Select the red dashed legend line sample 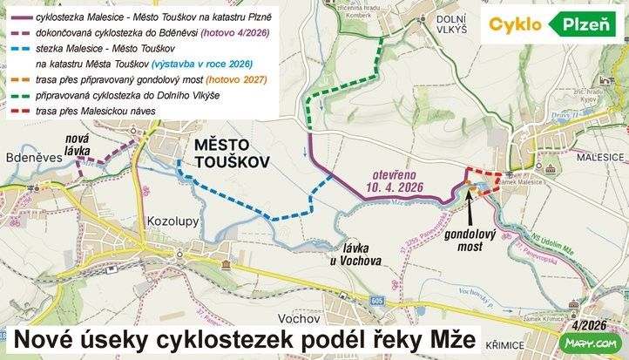[18, 111]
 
